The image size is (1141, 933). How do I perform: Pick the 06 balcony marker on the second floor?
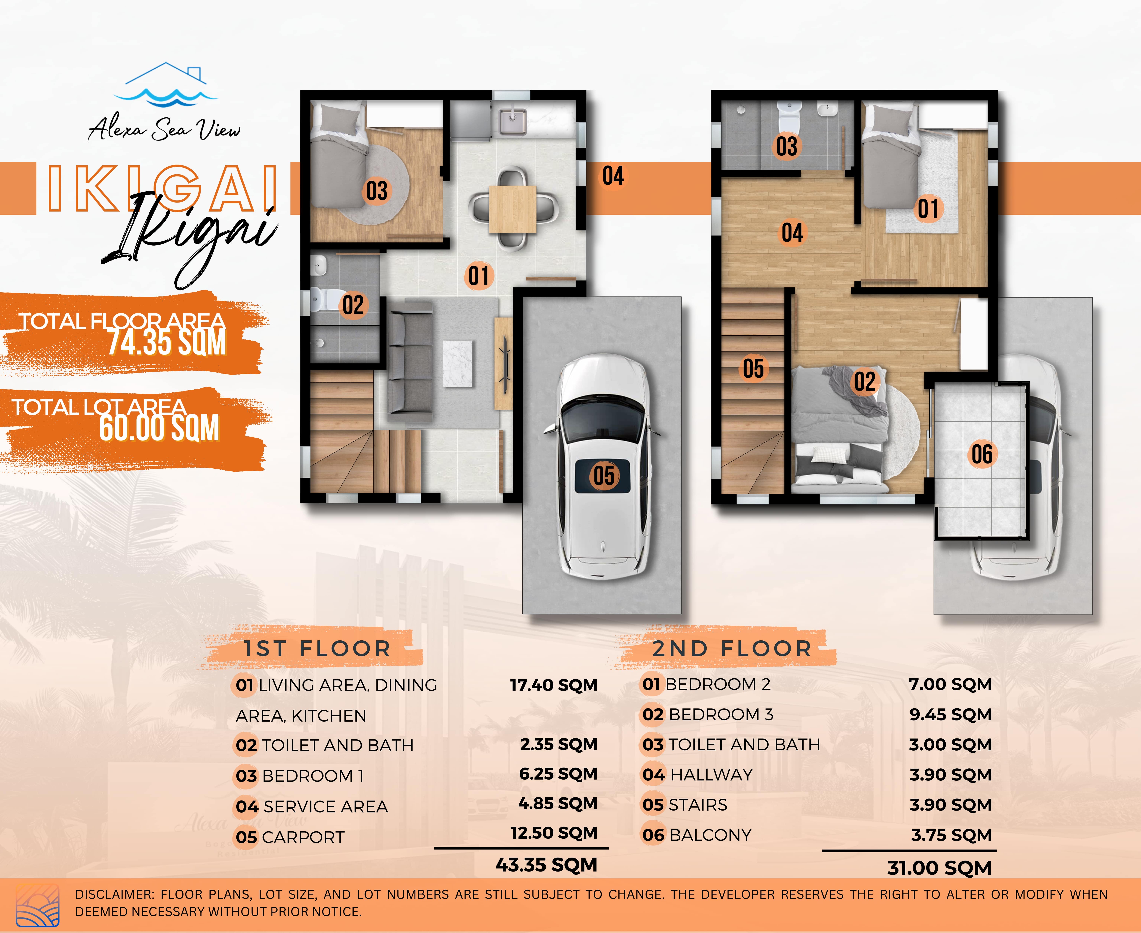[982, 454]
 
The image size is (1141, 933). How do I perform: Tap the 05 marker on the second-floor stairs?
[753, 369]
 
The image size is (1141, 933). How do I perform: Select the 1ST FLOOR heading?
[317, 649]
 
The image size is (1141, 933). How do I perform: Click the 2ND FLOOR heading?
[732, 649]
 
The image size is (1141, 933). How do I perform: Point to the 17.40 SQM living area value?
[553, 685]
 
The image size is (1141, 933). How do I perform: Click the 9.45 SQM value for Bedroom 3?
[950, 715]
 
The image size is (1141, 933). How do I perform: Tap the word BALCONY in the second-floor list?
[710, 835]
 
